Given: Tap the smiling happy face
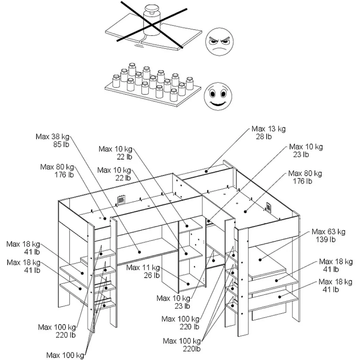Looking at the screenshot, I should pos(218,96).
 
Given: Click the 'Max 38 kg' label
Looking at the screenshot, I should pos(52,136).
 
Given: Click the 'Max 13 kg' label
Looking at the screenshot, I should pos(268,129).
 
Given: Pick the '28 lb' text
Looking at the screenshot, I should pos(263,136).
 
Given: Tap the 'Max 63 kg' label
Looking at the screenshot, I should pos(328,232).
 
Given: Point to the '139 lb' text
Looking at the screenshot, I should pos(325,239).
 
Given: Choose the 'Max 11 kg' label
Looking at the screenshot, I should pos(143,267).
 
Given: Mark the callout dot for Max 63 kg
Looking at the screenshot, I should pos(260,260).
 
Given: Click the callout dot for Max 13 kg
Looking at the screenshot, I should pos(206,171).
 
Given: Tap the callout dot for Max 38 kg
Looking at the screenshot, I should pos(139,251).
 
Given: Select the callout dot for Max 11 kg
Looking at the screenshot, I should pos(188,283).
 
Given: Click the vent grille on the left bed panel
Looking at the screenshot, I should pos(121,200).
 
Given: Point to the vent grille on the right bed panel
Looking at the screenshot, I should pos(269,207).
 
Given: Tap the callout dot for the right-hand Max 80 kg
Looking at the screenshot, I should pos(245,211).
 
